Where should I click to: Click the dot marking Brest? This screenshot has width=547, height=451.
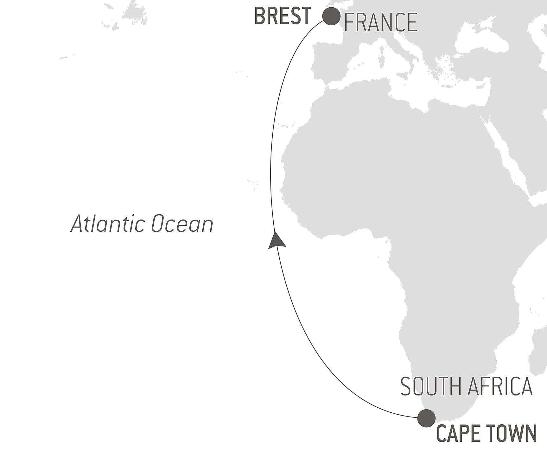point(331,16)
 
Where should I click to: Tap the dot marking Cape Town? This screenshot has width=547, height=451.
point(426,418)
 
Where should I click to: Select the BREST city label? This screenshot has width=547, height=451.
point(283,16)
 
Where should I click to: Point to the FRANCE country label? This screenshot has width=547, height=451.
point(380,22)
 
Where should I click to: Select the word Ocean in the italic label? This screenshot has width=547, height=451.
point(182,224)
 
